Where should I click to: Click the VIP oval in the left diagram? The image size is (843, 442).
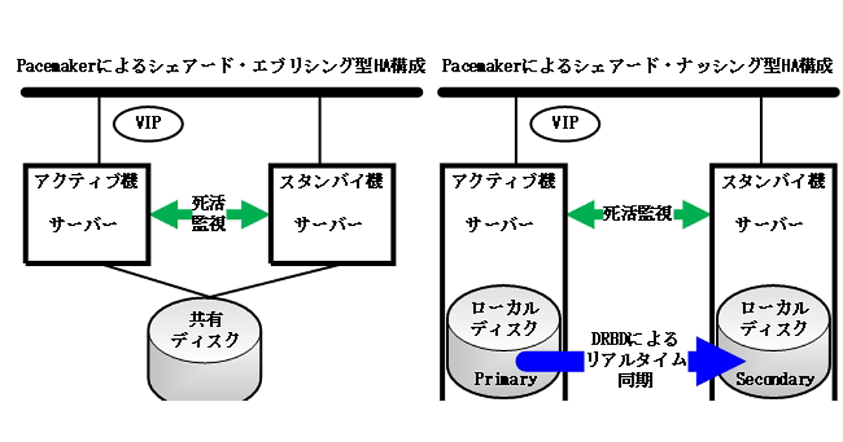[148, 123]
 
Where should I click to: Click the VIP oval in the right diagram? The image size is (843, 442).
[565, 123]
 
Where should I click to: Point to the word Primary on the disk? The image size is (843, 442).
[506, 380]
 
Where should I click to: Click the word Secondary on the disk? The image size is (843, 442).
[775, 380]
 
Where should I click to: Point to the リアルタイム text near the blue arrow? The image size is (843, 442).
[636, 360]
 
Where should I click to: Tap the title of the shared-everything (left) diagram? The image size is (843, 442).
[221, 67]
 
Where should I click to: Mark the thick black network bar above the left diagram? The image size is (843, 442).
[221, 92]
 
